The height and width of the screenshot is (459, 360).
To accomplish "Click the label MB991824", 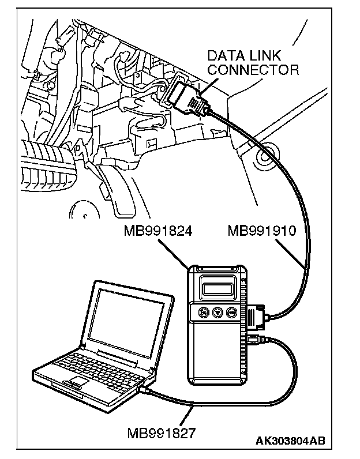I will point(158,231).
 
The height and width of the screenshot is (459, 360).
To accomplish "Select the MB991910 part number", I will point(261,231).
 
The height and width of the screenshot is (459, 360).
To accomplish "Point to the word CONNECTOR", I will point(253,70).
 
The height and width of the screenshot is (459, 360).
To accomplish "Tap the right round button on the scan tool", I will point(231,312).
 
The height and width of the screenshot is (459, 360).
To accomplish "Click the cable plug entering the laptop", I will point(146,391).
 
